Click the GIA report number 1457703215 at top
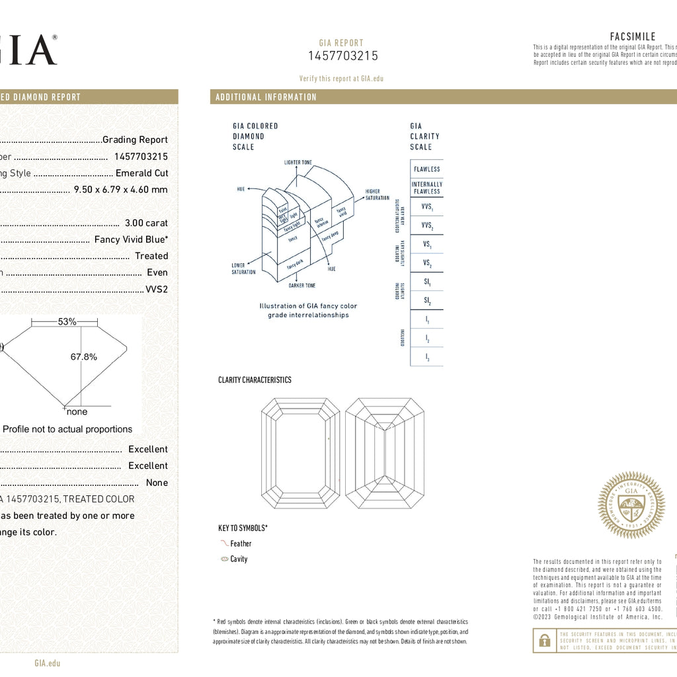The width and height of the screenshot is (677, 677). (343, 56)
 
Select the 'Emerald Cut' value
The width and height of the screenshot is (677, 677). (141, 173)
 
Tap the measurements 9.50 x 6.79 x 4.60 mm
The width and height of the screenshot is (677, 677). (120, 190)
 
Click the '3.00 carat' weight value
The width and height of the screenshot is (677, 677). (146, 223)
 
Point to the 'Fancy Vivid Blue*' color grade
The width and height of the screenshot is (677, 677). (131, 239)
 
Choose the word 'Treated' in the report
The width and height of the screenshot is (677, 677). (151, 256)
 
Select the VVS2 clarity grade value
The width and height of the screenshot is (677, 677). (157, 289)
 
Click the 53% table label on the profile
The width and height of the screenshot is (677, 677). (67, 322)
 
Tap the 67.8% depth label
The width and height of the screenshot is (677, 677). (84, 357)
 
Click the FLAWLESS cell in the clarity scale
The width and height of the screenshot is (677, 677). (426, 169)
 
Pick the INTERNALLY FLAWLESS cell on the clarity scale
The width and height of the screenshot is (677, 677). (426, 188)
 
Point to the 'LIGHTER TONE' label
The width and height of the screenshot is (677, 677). (298, 162)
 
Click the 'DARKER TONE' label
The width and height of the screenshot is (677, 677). (302, 286)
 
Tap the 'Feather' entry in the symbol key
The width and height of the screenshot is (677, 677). (241, 543)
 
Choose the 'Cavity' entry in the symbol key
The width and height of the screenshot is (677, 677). (239, 559)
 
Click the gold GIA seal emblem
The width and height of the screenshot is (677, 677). (631, 505)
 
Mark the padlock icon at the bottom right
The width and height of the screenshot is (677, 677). (544, 640)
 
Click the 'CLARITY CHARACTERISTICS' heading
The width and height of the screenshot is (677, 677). (255, 380)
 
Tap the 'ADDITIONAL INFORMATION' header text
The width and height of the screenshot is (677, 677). (266, 97)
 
